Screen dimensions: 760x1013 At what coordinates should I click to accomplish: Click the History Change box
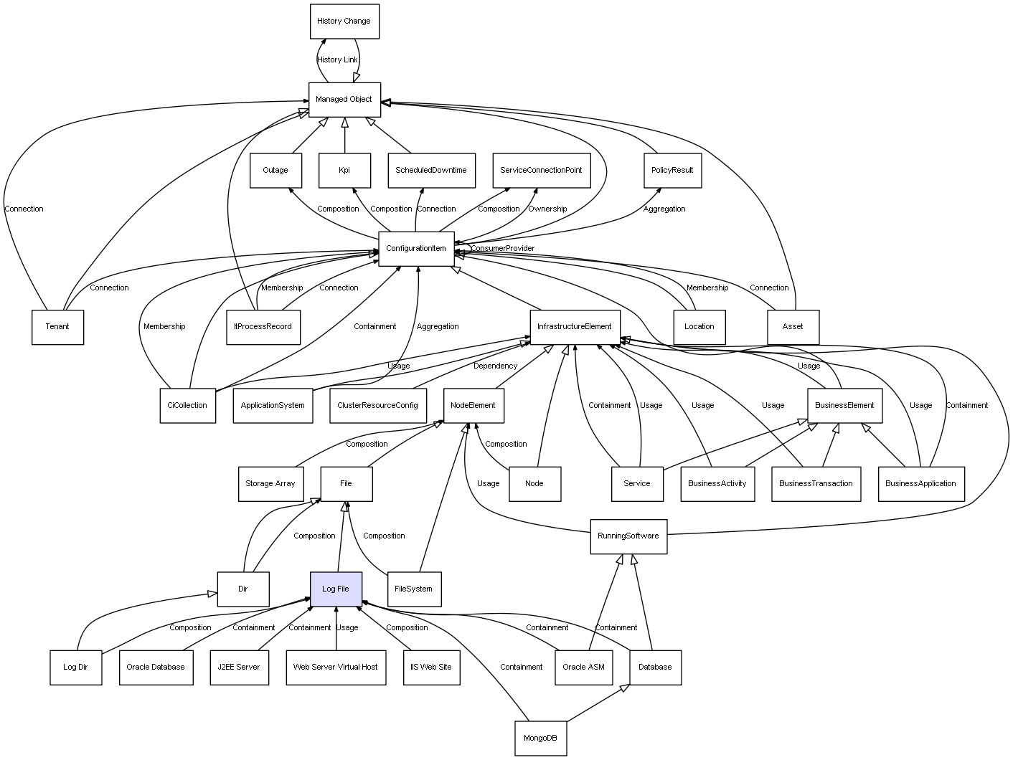(x=344, y=22)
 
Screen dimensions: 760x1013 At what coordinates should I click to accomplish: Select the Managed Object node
(x=344, y=100)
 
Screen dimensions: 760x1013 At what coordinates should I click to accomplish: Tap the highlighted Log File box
(x=336, y=589)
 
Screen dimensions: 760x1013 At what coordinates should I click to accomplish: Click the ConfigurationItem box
(x=416, y=249)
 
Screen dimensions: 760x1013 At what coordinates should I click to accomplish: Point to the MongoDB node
(x=540, y=738)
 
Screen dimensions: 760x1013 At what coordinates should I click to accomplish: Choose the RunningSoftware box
(x=628, y=536)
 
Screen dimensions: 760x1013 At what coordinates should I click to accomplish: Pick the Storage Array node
(x=270, y=484)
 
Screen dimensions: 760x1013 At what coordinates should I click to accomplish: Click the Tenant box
(x=57, y=327)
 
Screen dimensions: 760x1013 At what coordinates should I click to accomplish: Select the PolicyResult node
(x=672, y=171)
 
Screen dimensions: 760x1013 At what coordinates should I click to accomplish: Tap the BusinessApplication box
(x=920, y=484)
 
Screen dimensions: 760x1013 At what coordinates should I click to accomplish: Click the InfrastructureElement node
(x=575, y=327)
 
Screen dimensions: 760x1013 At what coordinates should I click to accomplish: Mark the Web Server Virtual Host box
(x=335, y=668)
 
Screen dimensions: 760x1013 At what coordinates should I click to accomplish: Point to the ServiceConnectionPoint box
(x=541, y=171)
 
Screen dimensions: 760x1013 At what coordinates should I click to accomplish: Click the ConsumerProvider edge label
(x=503, y=249)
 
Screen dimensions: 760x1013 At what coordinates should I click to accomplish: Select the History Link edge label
(x=337, y=60)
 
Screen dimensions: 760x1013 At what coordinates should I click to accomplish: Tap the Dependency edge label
(x=495, y=366)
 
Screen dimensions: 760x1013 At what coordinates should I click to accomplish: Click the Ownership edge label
(x=547, y=209)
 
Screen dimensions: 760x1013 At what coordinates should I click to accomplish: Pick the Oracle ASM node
(x=583, y=668)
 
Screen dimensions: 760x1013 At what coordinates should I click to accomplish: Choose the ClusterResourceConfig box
(x=377, y=406)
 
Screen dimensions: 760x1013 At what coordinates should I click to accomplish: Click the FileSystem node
(x=414, y=589)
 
